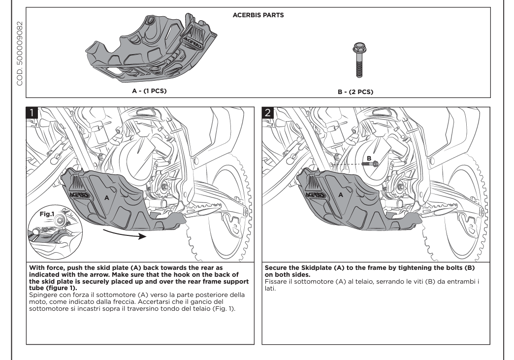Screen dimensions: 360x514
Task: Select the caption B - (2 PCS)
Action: pyautogui.click(x=357, y=90)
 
